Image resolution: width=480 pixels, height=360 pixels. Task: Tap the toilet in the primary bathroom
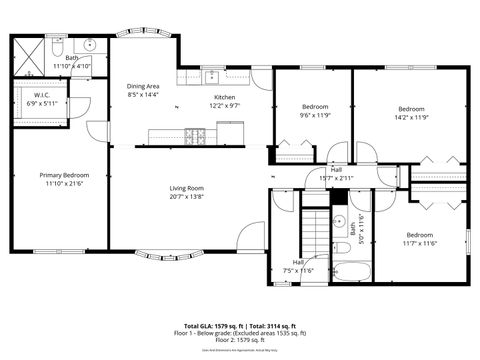point(58,46)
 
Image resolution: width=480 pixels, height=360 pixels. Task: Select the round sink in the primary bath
point(90,45)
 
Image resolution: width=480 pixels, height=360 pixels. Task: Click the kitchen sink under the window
point(211,76)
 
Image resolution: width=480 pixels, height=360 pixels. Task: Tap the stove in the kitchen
point(197,134)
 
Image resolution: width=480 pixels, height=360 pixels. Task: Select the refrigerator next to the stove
point(230,132)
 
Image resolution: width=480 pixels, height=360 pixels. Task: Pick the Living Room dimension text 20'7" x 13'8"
point(186,197)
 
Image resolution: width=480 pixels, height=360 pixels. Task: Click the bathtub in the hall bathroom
point(352,270)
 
